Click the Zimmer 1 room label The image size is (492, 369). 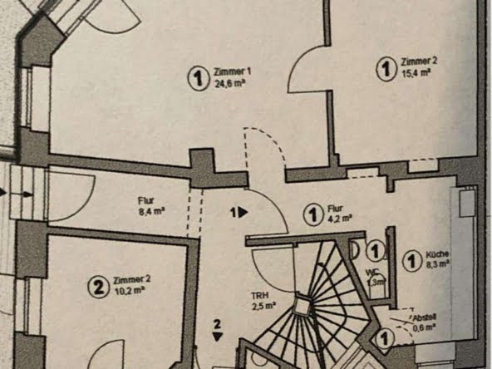click(x=232, y=72)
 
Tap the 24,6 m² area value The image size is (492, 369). click(x=230, y=84)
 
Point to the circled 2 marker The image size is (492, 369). click(x=99, y=287)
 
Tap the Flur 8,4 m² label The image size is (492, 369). click(x=152, y=206)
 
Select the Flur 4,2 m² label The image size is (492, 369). click(x=340, y=213)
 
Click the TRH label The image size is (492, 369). click(x=258, y=296)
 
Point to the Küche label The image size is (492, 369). click(x=437, y=254)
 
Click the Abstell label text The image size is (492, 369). click(x=424, y=317)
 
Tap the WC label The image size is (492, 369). click(x=372, y=272)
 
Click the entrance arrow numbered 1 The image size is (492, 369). click(x=239, y=213)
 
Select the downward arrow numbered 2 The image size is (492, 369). click(x=217, y=331)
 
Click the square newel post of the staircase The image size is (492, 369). click(x=302, y=305)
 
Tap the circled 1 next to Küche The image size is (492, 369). click(x=412, y=261)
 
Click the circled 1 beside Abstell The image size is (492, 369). click(x=384, y=339)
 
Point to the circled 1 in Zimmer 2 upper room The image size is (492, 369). click(x=386, y=69)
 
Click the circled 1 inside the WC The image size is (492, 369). click(x=375, y=250)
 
